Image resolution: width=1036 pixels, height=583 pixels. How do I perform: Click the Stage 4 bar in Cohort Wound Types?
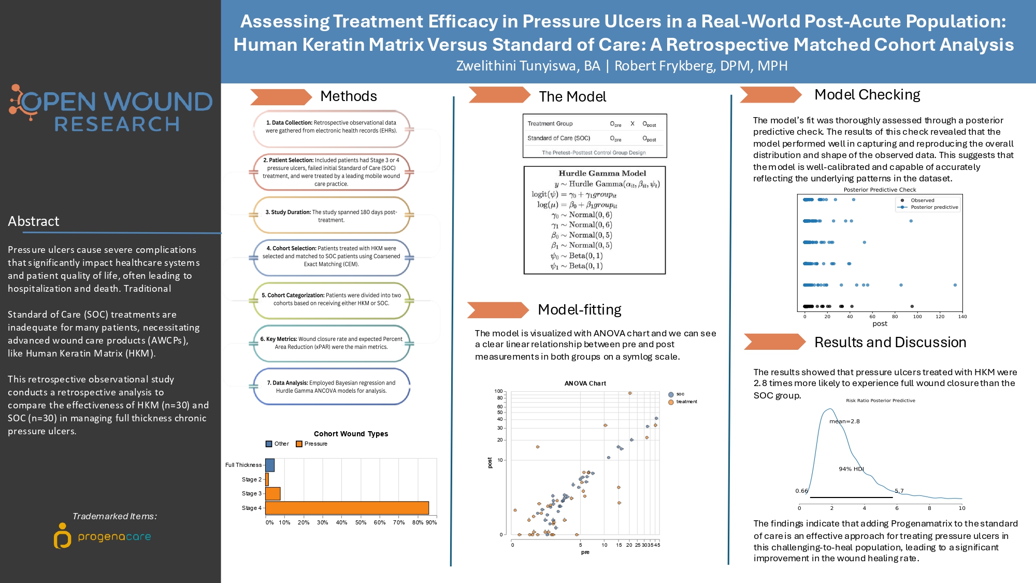347,508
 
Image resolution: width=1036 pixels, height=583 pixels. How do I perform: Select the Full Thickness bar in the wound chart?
270,465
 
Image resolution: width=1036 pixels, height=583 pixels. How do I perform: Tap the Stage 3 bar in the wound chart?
273,493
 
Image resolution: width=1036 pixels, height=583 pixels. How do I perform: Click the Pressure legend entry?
312,444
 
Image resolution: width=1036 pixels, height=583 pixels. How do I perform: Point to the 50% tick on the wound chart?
361,522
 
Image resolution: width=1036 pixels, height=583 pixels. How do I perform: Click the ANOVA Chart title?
585,383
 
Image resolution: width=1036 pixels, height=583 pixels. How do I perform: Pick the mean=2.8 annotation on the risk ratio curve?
844,421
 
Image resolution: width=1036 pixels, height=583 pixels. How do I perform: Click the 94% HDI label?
851,469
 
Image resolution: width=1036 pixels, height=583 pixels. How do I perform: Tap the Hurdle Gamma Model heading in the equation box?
602,173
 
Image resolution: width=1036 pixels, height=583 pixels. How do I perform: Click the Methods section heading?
348,96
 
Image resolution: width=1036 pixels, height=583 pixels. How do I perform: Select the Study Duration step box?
331,216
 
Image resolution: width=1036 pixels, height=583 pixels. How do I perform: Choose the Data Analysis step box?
331,387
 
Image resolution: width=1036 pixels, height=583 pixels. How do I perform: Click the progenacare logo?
103,536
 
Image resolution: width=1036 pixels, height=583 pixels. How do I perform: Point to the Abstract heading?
34,221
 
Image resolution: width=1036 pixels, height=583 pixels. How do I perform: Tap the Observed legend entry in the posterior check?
922,200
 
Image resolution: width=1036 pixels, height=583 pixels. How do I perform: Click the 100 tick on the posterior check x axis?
917,316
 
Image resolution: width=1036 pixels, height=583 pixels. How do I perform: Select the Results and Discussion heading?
890,343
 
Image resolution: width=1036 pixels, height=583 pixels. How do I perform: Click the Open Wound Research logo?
111,108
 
